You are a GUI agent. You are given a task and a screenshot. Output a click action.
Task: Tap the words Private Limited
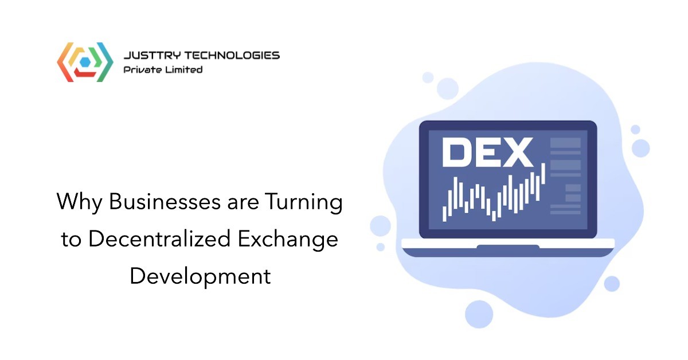[x=163, y=70]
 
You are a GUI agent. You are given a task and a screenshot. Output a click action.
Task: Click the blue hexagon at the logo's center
[x=85, y=62]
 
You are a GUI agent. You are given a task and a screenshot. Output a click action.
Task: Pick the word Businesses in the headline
[x=165, y=202]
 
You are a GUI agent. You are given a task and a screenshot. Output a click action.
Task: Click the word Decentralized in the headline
[x=159, y=238]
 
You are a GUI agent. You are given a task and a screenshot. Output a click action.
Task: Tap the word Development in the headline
[x=200, y=276]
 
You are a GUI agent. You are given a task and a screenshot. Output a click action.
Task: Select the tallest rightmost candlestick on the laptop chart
[x=543, y=174]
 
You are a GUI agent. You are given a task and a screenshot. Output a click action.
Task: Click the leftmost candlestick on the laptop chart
[x=444, y=214]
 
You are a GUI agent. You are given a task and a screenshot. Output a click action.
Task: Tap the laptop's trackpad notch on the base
[x=508, y=247]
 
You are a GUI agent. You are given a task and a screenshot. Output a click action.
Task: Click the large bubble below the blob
[x=479, y=314]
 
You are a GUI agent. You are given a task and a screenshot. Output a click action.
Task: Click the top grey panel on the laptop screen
[x=565, y=143]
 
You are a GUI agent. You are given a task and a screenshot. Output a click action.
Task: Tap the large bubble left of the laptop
[x=380, y=226]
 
